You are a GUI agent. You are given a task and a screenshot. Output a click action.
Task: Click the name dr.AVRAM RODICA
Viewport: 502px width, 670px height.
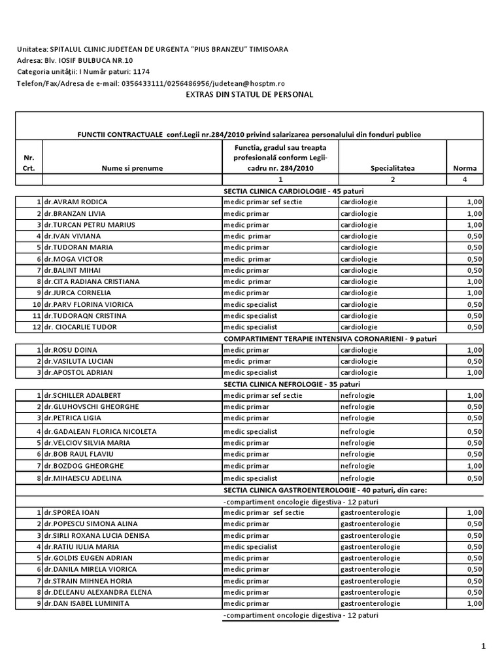[76, 202]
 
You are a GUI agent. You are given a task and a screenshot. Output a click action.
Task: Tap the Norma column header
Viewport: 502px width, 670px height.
[465, 168]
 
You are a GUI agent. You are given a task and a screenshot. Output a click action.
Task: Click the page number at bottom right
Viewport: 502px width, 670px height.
[484, 646]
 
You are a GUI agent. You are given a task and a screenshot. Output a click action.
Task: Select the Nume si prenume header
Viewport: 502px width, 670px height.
[132, 168]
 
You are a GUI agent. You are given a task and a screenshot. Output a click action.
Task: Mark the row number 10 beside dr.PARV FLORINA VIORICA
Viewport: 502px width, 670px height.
[37, 304]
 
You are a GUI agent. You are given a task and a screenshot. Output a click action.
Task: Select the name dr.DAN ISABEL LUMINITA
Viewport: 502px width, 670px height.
[88, 603]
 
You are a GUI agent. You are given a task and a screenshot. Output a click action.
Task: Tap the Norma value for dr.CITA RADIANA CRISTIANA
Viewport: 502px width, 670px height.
[473, 281]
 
